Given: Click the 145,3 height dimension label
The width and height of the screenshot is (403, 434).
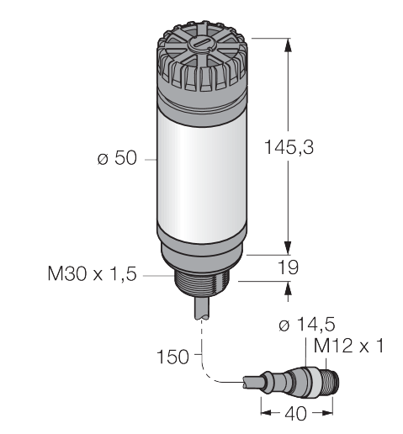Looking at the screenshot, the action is [289, 147].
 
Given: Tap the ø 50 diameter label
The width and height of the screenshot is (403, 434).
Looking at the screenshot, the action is [117, 158].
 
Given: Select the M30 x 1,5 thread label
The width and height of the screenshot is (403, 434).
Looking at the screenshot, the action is [93, 274].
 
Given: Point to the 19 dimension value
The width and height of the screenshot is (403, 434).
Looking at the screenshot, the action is [289, 267].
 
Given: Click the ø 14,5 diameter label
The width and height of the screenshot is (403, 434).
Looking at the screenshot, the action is [307, 325].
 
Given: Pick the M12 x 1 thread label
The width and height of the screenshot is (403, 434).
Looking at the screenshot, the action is [348, 346].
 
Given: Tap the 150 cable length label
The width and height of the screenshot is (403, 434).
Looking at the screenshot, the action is [172, 357].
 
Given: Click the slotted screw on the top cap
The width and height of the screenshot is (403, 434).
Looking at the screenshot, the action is [202, 44].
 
